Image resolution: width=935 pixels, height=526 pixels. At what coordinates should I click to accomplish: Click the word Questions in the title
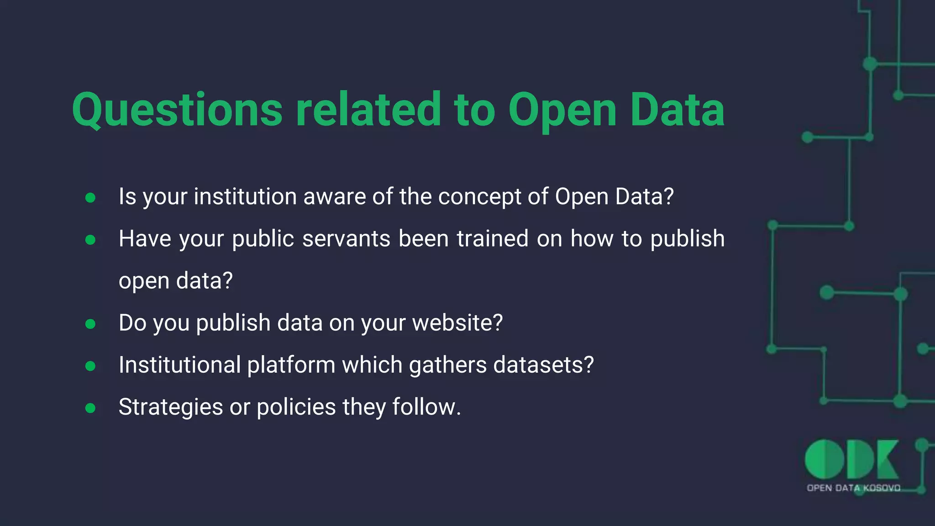point(177,110)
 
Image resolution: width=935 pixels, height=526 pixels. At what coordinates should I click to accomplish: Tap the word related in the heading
point(368,110)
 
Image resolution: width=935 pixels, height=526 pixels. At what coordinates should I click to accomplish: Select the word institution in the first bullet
point(245,197)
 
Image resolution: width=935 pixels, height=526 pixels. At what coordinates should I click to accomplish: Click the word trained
point(492,239)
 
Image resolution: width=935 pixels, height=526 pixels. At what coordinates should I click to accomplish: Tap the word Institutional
point(179,365)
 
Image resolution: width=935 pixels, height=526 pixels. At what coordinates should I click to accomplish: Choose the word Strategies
point(170,407)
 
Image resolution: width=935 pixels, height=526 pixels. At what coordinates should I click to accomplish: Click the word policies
point(296,407)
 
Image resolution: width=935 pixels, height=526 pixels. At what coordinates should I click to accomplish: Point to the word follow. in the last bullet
point(426,407)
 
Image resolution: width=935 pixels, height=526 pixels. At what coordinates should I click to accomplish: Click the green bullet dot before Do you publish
point(90,324)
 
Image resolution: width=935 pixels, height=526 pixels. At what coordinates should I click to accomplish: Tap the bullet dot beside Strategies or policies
point(90,408)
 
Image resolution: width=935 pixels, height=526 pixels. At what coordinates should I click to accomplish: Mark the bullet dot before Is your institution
point(90,198)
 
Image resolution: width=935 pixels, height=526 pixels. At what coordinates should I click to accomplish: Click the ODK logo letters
point(851,459)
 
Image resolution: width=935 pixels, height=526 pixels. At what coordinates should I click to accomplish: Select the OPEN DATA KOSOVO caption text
point(853,488)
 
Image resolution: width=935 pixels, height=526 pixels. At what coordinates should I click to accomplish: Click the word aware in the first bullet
point(334,197)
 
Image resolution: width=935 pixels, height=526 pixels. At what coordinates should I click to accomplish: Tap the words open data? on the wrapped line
point(176,281)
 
